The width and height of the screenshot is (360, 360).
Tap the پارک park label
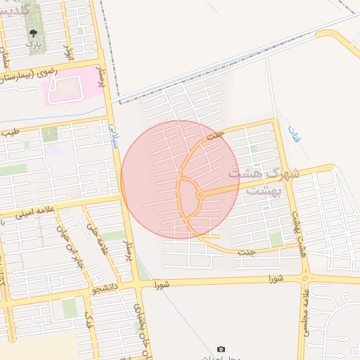click(34, 44)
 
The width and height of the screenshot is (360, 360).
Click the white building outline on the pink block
click(67, 88)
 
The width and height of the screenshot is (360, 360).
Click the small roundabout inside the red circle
click(200, 195)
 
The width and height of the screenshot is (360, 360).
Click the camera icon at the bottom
click(221, 349)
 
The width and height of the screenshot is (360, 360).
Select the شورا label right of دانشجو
click(163, 285)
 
